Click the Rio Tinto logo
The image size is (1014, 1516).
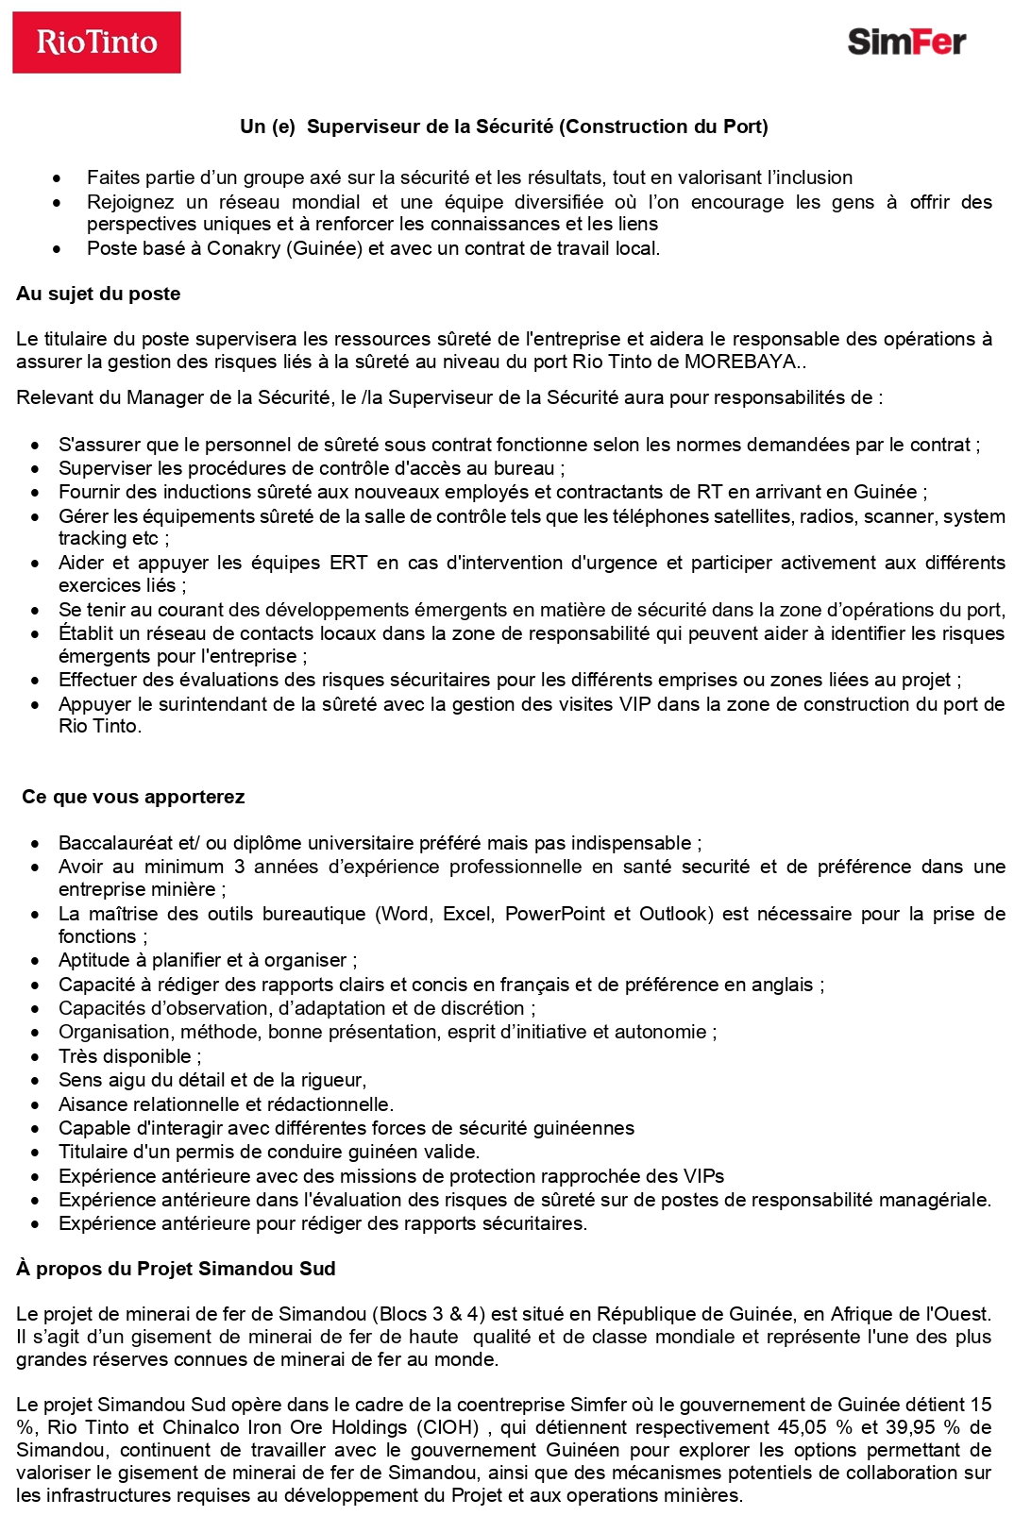coord(96,42)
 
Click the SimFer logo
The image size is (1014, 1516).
coord(906,42)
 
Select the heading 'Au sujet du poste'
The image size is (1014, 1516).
coord(98,294)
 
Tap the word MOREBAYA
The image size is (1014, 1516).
coord(740,362)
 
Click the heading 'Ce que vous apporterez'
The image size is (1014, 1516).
coord(133,797)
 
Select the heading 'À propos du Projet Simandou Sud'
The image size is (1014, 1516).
coord(176,1269)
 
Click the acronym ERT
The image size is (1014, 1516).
coord(348,563)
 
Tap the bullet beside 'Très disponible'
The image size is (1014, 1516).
coord(36,1057)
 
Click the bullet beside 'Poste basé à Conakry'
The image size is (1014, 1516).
coord(59,249)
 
